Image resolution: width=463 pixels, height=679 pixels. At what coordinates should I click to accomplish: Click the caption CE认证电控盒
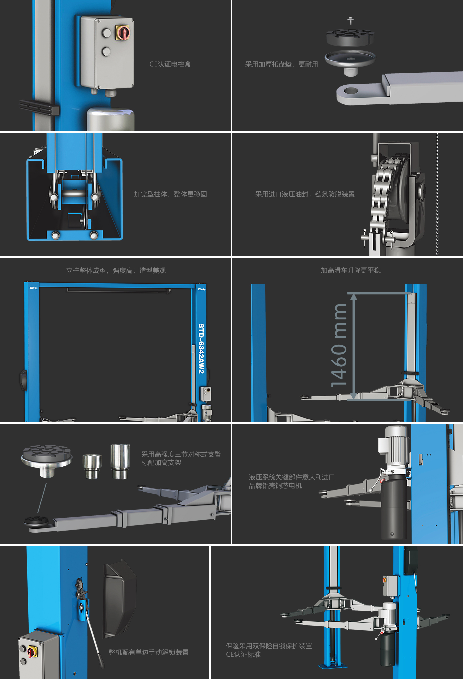(x=170, y=64)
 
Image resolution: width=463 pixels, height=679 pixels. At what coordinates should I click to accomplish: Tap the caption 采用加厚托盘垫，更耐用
(x=281, y=64)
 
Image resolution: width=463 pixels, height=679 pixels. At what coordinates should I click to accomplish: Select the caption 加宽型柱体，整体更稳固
(x=170, y=194)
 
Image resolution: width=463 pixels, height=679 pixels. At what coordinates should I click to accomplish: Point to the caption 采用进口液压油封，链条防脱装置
(x=305, y=194)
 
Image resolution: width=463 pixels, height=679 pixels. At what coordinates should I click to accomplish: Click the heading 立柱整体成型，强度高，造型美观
(x=116, y=270)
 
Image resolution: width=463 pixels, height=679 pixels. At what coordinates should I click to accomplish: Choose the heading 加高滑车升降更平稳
(x=351, y=270)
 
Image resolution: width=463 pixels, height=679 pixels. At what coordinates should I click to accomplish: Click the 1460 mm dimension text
(x=339, y=345)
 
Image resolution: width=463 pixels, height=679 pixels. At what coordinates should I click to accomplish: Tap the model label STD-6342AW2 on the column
(x=201, y=348)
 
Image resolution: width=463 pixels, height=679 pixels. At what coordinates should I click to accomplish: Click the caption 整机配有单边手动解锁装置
(x=148, y=652)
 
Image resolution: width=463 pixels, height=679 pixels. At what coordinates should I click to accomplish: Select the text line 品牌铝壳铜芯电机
(x=275, y=486)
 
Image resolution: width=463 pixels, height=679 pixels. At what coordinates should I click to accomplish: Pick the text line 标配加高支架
(x=161, y=463)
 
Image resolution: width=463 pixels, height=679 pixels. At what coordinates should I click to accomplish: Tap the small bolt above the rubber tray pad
(x=350, y=20)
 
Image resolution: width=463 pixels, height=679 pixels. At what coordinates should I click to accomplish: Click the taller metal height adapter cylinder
(x=120, y=461)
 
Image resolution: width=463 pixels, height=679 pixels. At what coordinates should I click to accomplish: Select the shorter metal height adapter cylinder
(x=92, y=466)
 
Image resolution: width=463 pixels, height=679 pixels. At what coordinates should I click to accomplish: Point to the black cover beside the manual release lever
(x=120, y=598)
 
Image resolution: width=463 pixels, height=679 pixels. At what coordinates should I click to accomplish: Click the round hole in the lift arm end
(x=350, y=90)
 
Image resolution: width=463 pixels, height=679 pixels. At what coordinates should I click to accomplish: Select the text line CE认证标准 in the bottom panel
(x=243, y=655)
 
